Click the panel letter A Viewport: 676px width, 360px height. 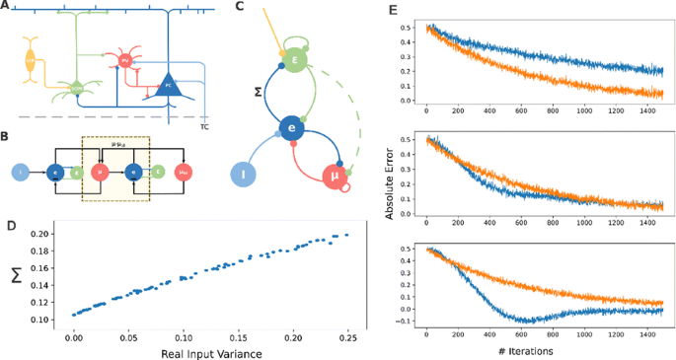(x=6, y=6)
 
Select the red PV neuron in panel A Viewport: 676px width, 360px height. (x=125, y=61)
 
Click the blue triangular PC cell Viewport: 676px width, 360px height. (x=170, y=86)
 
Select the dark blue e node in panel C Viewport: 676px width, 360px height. (x=291, y=128)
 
